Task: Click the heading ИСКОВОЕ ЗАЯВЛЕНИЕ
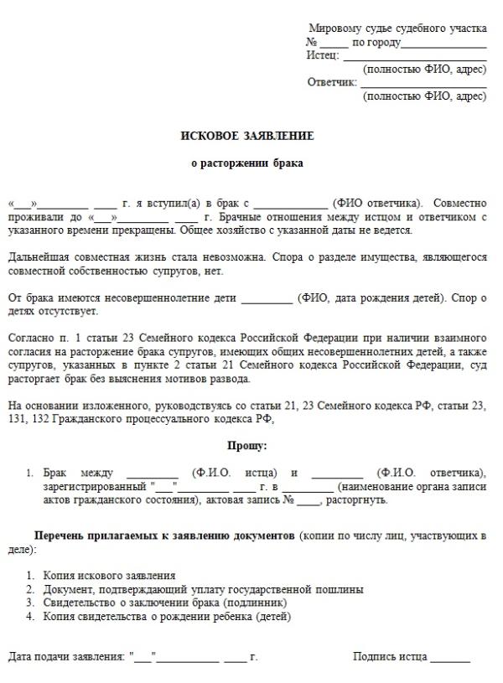tap(247, 136)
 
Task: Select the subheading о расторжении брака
tap(247, 163)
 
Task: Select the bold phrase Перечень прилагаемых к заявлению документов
tap(164, 535)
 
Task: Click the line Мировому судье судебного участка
tap(397, 28)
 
